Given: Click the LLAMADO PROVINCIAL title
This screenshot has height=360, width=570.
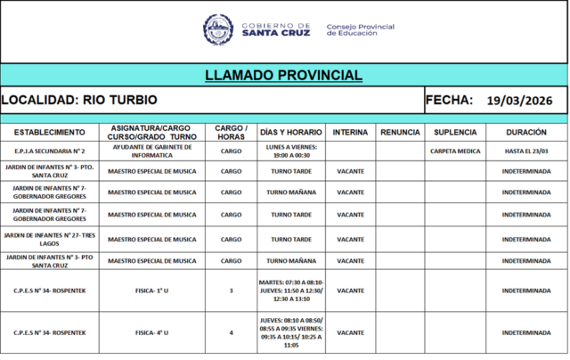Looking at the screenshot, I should pyautogui.click(x=284, y=75).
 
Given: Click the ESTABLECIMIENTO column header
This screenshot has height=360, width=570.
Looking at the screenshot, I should pyautogui.click(x=50, y=132).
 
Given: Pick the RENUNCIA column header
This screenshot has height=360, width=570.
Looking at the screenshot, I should pyautogui.click(x=400, y=132).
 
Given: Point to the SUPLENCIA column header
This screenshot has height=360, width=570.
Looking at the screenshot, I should pyautogui.click(x=455, y=132).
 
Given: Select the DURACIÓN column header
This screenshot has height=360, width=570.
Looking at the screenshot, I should pyautogui.click(x=526, y=132).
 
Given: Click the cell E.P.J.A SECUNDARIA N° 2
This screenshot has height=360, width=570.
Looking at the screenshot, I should pyautogui.click(x=50, y=151).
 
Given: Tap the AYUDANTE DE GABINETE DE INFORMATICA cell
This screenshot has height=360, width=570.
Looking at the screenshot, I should pyautogui.click(x=151, y=151).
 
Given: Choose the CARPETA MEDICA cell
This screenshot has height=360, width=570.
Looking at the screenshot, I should pyautogui.click(x=455, y=151).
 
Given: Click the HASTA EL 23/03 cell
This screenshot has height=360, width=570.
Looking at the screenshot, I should pyautogui.click(x=526, y=151).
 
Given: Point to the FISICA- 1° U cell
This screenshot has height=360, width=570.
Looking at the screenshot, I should pyautogui.click(x=151, y=290).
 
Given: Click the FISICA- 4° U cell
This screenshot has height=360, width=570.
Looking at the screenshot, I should pyautogui.click(x=151, y=332).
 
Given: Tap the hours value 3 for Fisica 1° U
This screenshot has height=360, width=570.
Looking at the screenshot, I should pyautogui.click(x=231, y=290).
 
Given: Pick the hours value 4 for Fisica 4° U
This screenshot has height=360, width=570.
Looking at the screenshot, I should pyautogui.click(x=231, y=332).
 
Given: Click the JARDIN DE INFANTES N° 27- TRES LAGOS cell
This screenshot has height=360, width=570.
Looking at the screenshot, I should pyautogui.click(x=50, y=239).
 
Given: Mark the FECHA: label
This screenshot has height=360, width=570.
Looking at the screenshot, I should pyautogui.click(x=449, y=100).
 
